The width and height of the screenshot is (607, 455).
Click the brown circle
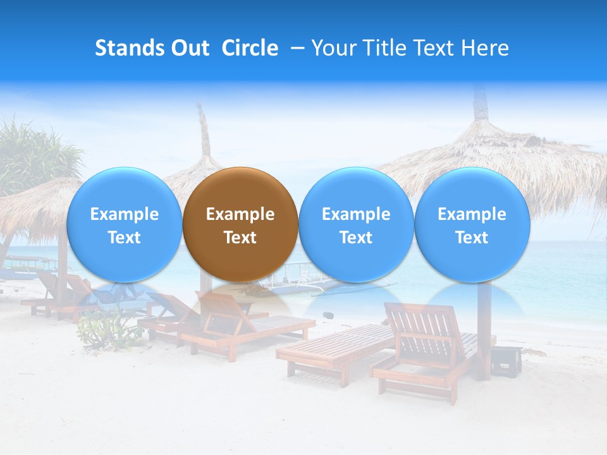click(240, 224)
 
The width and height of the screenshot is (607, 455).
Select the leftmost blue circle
click(124, 224)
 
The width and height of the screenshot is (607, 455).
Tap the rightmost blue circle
click(472, 224)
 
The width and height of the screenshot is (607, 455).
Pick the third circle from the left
click(356, 224)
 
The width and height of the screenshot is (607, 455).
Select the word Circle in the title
click(250, 48)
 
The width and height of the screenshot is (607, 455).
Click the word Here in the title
click(484, 48)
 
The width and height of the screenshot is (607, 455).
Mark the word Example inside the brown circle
click(240, 214)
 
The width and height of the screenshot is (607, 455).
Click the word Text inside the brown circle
click(240, 238)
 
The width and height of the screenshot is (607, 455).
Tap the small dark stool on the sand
click(506, 360)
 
